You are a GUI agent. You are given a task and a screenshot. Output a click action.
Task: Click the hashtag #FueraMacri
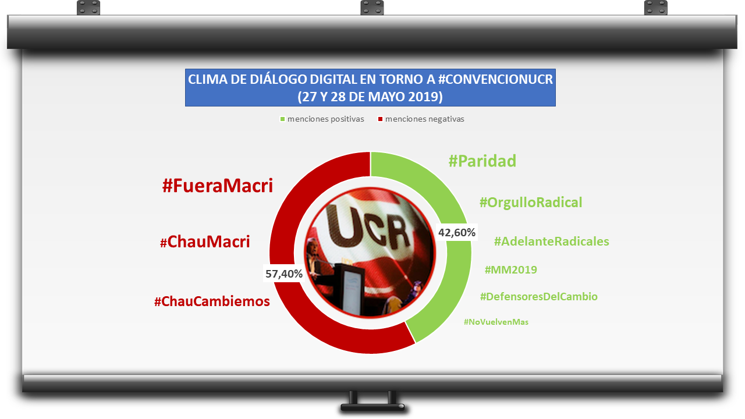[218, 186]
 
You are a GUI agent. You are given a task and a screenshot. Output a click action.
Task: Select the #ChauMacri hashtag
[205, 242]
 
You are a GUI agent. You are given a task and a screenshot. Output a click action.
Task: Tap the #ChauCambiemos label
[212, 301]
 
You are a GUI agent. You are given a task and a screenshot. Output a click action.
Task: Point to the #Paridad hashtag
[483, 161]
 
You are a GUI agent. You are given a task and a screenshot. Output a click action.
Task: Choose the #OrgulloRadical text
[531, 203]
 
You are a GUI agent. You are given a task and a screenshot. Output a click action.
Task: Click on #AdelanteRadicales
[551, 242]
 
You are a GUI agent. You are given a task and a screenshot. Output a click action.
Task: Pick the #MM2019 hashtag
[511, 269]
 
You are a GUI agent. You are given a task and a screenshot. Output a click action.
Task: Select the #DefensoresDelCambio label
[539, 297]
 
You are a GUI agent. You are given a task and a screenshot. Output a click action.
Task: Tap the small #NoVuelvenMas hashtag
[496, 322]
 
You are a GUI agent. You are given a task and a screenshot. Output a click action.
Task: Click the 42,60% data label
[457, 232]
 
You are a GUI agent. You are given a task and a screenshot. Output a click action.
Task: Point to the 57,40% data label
[284, 274]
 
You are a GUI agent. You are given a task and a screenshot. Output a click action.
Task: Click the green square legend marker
[282, 119]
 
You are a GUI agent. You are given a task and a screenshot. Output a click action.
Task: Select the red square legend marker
[380, 119]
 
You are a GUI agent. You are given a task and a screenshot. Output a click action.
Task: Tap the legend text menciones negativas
[425, 119]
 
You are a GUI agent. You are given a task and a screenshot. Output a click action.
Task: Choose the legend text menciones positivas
[325, 119]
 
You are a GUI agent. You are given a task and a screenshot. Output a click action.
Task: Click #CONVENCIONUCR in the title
[495, 80]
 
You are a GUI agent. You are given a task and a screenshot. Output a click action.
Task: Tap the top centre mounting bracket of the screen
[372, 8]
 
